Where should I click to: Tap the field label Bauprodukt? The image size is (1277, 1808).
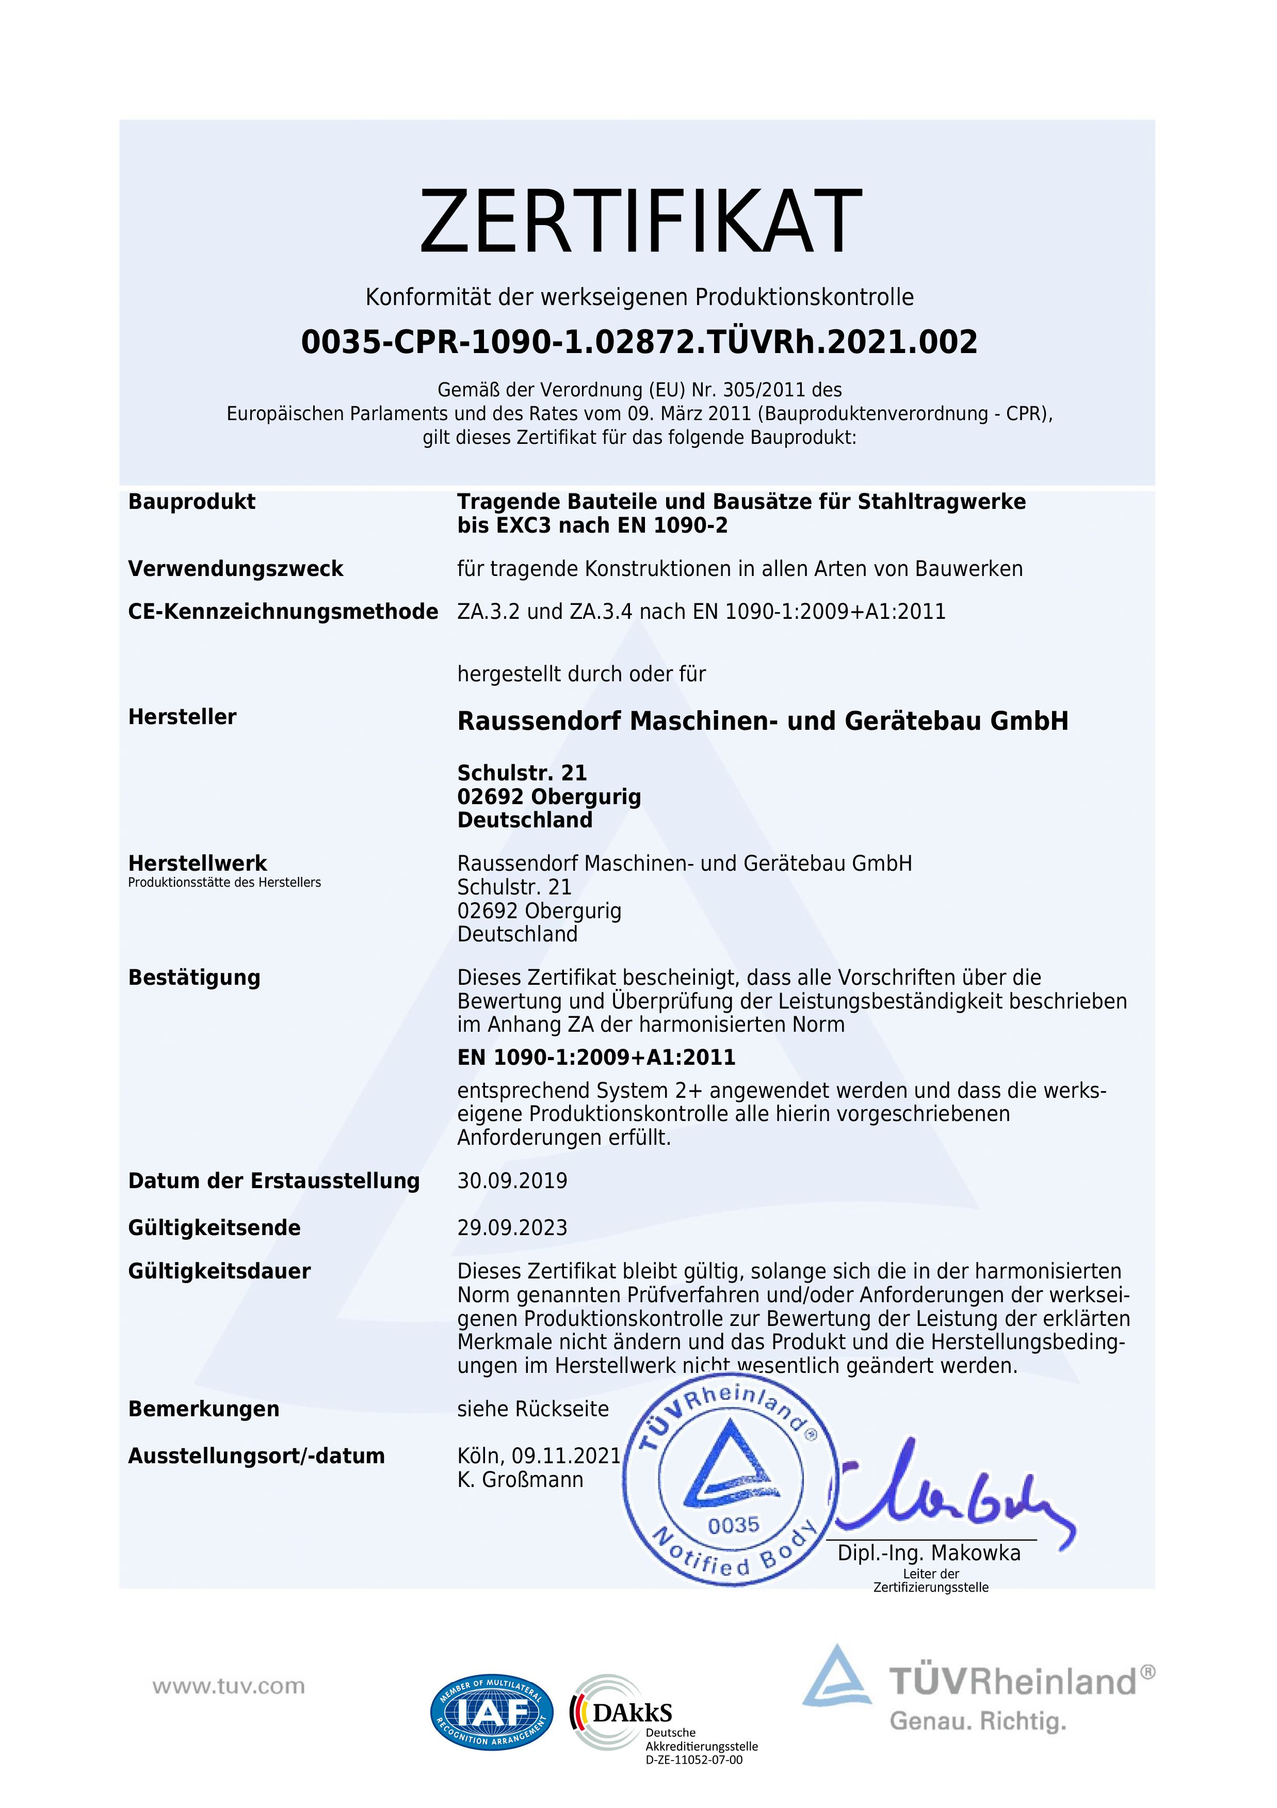point(191,502)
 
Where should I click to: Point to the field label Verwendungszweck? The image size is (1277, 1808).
point(235,569)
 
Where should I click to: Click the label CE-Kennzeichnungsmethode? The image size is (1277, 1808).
point(283,612)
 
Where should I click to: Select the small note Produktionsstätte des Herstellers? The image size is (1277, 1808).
point(224,883)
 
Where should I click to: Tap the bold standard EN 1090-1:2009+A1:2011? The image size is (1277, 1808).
point(596,1058)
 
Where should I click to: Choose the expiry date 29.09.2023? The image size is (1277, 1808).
point(512,1228)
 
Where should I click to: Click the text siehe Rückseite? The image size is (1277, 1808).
point(532,1409)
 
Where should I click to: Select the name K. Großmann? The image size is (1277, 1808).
point(520,1480)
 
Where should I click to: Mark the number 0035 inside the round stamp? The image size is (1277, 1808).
point(733,1525)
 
